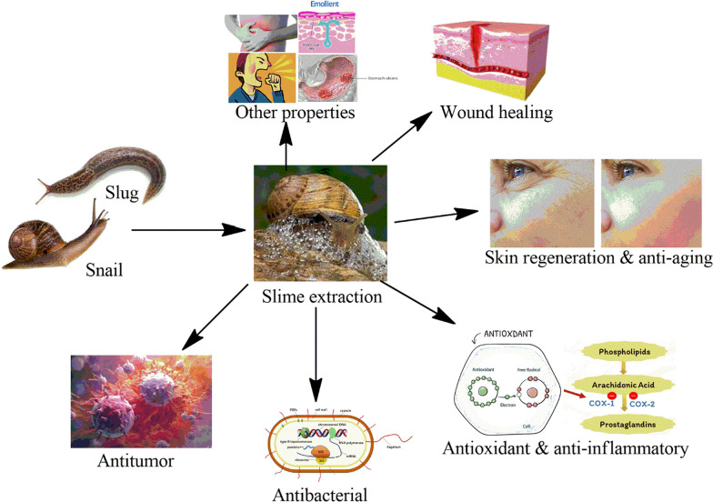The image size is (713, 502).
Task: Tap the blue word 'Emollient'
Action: pos(325,4)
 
